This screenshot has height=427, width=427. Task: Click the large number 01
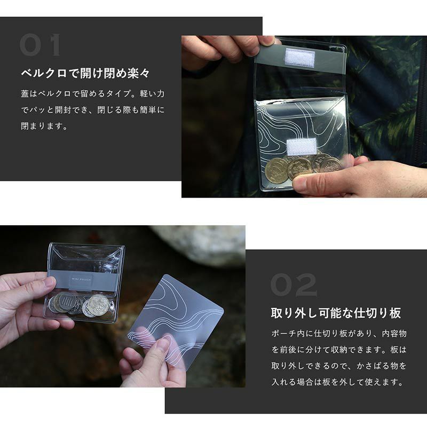[39, 45]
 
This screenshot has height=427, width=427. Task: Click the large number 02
[294, 285]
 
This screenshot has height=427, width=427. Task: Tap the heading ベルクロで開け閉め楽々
[85, 73]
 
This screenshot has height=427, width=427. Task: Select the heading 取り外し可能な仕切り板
[336, 313]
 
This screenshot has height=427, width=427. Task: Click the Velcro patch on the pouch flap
[299, 58]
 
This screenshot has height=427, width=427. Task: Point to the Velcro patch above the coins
[302, 146]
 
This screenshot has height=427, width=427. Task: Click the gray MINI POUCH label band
[82, 279]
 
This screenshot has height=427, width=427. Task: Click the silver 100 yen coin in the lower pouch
[66, 302]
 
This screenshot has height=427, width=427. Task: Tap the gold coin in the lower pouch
[98, 304]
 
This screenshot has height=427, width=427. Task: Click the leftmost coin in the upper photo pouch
[276, 170]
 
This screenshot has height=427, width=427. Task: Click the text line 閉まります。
[44, 126]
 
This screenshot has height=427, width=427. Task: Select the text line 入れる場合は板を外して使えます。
[337, 382]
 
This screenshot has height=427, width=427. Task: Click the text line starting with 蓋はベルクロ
[93, 94]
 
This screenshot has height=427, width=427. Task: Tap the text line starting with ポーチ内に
[339, 333]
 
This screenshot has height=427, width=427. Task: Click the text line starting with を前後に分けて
[339, 350]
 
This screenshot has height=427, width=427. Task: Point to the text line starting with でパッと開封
[93, 110]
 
